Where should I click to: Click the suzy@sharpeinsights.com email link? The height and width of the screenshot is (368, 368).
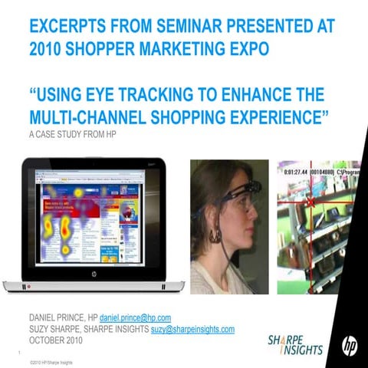coord(192,328)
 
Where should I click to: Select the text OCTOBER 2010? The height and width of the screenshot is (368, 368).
coord(58,340)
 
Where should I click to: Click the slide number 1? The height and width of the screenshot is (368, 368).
coord(17,353)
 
